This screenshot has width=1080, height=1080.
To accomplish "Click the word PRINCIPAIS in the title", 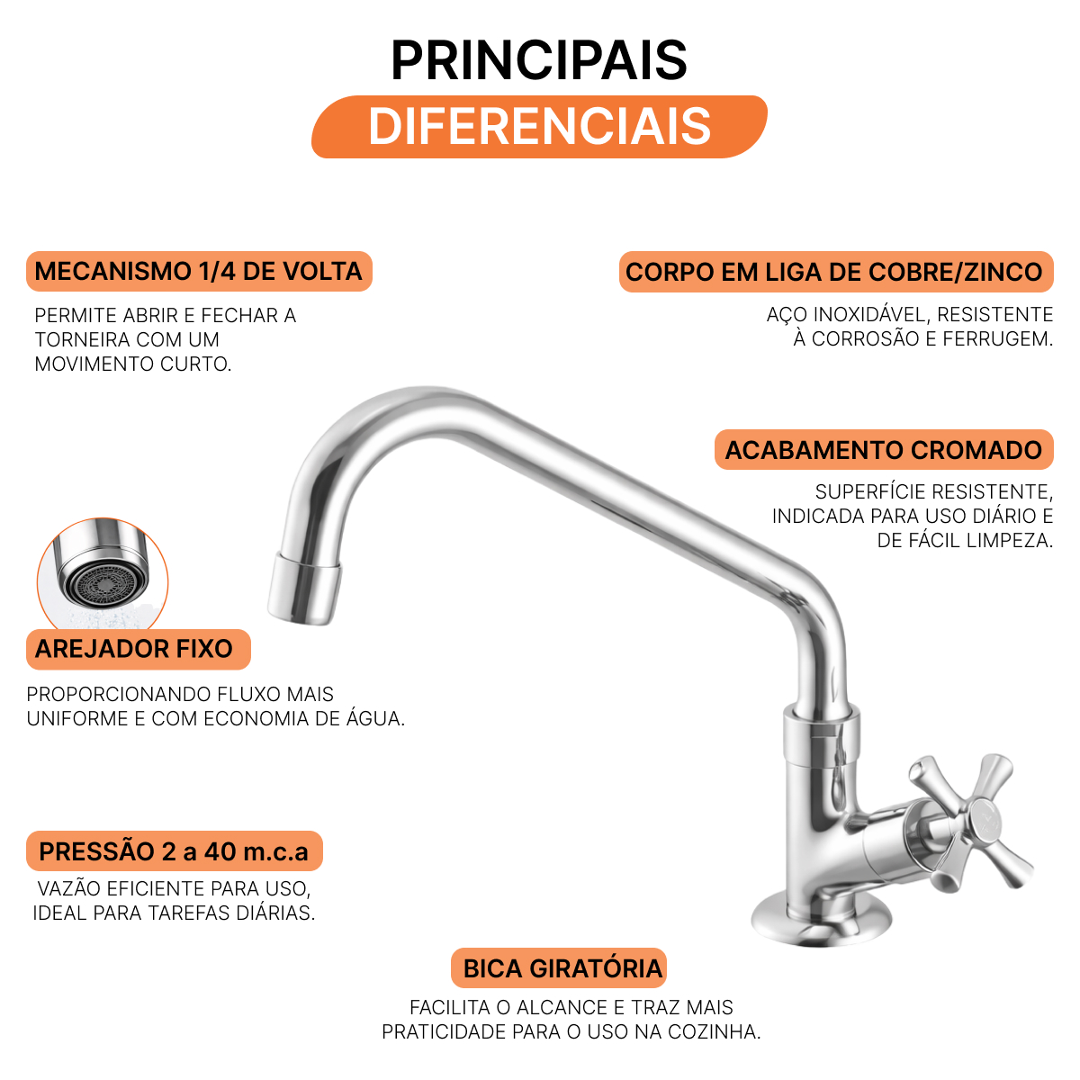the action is [538, 60].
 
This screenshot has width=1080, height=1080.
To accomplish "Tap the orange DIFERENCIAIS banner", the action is [538, 127].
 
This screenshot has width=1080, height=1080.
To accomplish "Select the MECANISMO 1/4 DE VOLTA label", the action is [199, 271].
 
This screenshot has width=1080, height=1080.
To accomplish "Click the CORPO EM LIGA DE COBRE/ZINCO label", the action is [835, 272].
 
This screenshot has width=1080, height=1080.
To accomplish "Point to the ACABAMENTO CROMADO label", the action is [884, 449].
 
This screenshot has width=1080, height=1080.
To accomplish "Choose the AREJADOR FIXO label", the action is [138, 649].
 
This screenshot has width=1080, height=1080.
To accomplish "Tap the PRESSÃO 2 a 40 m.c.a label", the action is [175, 850].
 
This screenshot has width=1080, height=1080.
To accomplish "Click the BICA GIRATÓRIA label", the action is [559, 967].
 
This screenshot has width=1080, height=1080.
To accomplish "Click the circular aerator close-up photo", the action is [103, 574].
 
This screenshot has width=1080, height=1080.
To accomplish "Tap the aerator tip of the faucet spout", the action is [304, 589].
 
